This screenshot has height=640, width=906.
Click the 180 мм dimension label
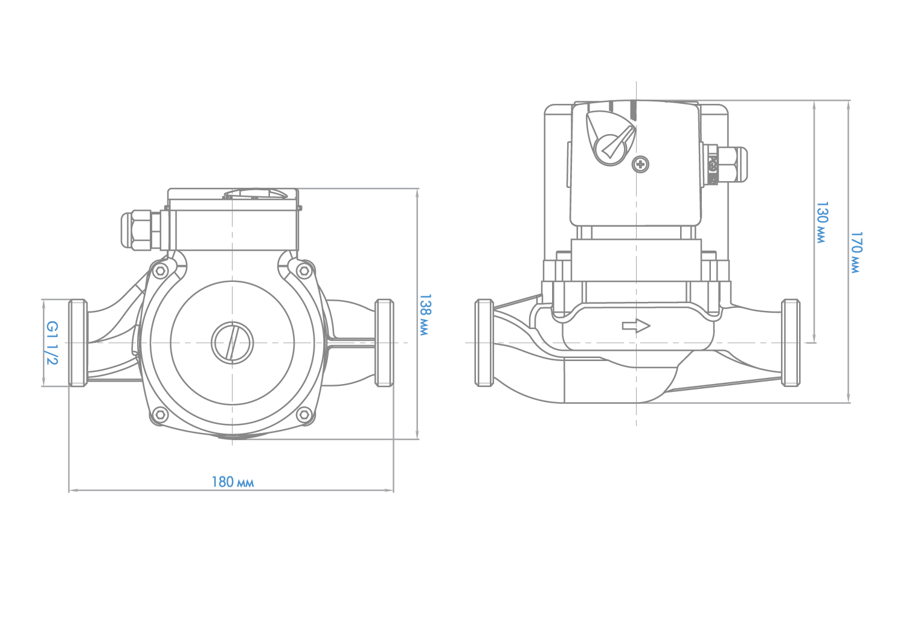[x=233, y=482]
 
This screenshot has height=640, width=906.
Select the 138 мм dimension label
[x=425, y=315]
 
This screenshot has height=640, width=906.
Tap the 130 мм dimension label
[x=822, y=222]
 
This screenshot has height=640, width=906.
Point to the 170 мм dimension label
[x=856, y=253]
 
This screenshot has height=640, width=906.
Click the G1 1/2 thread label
[x=52, y=343]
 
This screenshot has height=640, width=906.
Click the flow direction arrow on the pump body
[x=636, y=325]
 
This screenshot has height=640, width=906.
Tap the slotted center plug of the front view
[x=232, y=343]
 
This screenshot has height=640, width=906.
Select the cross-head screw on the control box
[x=640, y=164]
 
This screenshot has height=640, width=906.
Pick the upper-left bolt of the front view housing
[x=161, y=270]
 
